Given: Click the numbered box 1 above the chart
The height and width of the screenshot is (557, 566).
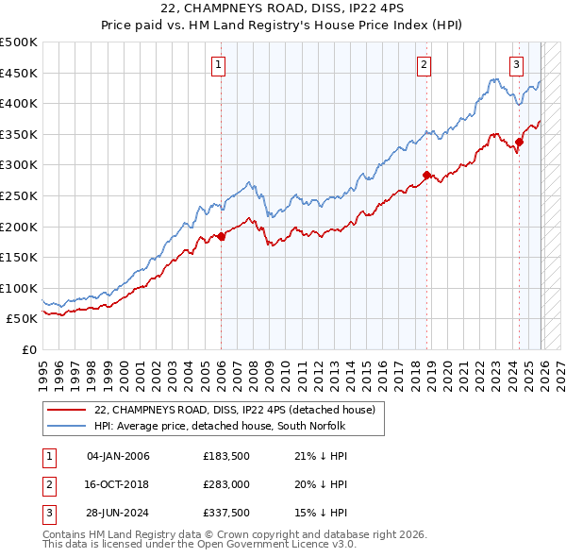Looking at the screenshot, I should click(x=218, y=65).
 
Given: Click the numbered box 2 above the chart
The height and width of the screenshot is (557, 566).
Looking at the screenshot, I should click(x=424, y=65).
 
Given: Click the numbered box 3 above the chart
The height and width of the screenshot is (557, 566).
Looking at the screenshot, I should click(x=517, y=65).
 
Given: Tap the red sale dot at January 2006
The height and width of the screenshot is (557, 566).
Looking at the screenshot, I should click(x=222, y=236).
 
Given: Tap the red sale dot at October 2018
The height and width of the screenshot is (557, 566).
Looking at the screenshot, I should click(x=427, y=175).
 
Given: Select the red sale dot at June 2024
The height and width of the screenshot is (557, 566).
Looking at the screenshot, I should click(x=519, y=142).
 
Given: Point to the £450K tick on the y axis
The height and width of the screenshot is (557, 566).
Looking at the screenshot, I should click(x=19, y=73).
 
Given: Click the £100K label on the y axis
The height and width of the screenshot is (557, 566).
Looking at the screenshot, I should click(x=19, y=288).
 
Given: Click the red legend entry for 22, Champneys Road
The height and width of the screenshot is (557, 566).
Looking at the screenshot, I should click(x=235, y=410).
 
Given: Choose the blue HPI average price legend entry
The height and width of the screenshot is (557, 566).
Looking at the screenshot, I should click(x=221, y=426).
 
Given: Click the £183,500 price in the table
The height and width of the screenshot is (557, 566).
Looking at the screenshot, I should click(x=225, y=457).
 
